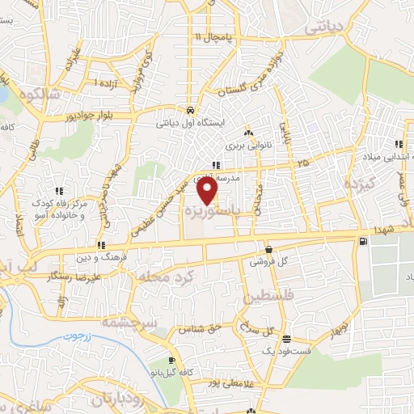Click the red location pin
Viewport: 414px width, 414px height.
(x=209, y=190)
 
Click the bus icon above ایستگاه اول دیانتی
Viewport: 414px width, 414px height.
(x=188, y=111)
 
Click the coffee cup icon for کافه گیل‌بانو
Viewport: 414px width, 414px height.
(x=171, y=360)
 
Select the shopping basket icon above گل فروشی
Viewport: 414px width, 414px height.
(x=268, y=250)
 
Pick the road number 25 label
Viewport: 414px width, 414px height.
(x=302, y=163)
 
